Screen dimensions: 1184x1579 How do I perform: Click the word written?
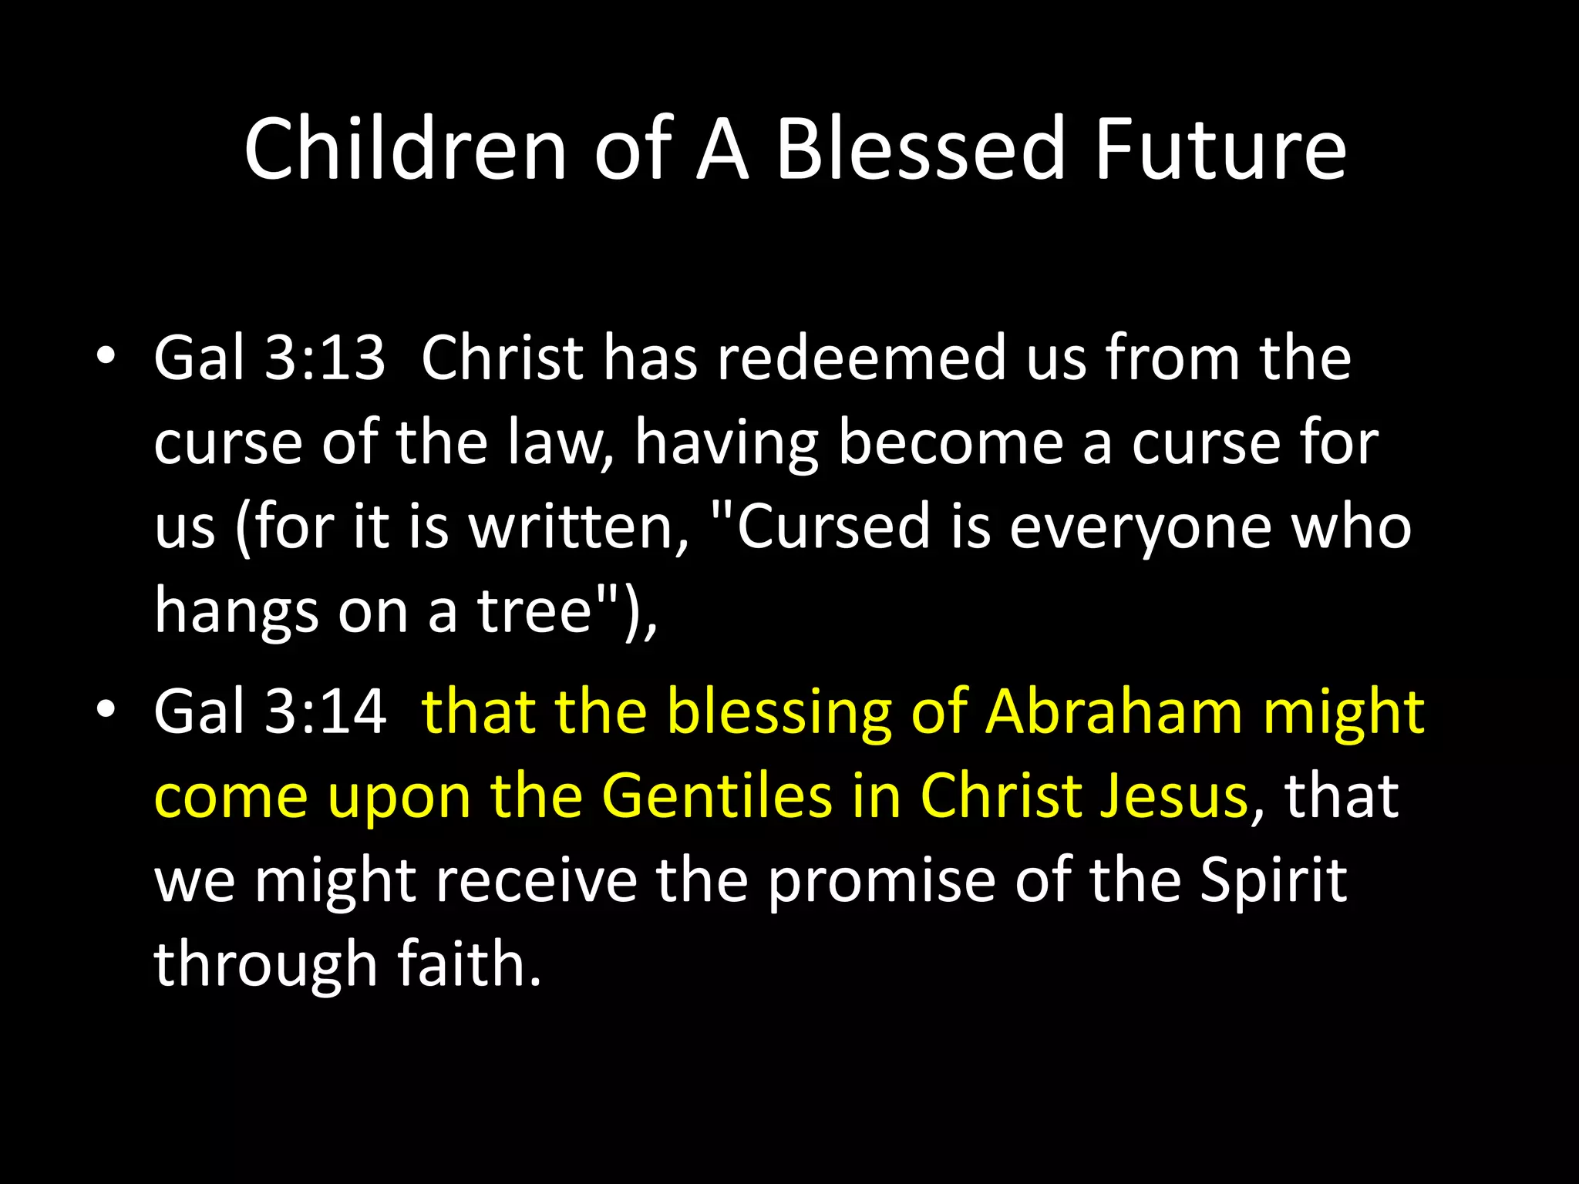pyautogui.click(x=577, y=527)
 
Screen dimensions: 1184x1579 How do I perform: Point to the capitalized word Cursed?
pyautogui.click(x=833, y=527)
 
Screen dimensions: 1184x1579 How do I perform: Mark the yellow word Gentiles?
pyautogui.click(x=717, y=795)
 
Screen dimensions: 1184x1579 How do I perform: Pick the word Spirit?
pyautogui.click(x=1273, y=882)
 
